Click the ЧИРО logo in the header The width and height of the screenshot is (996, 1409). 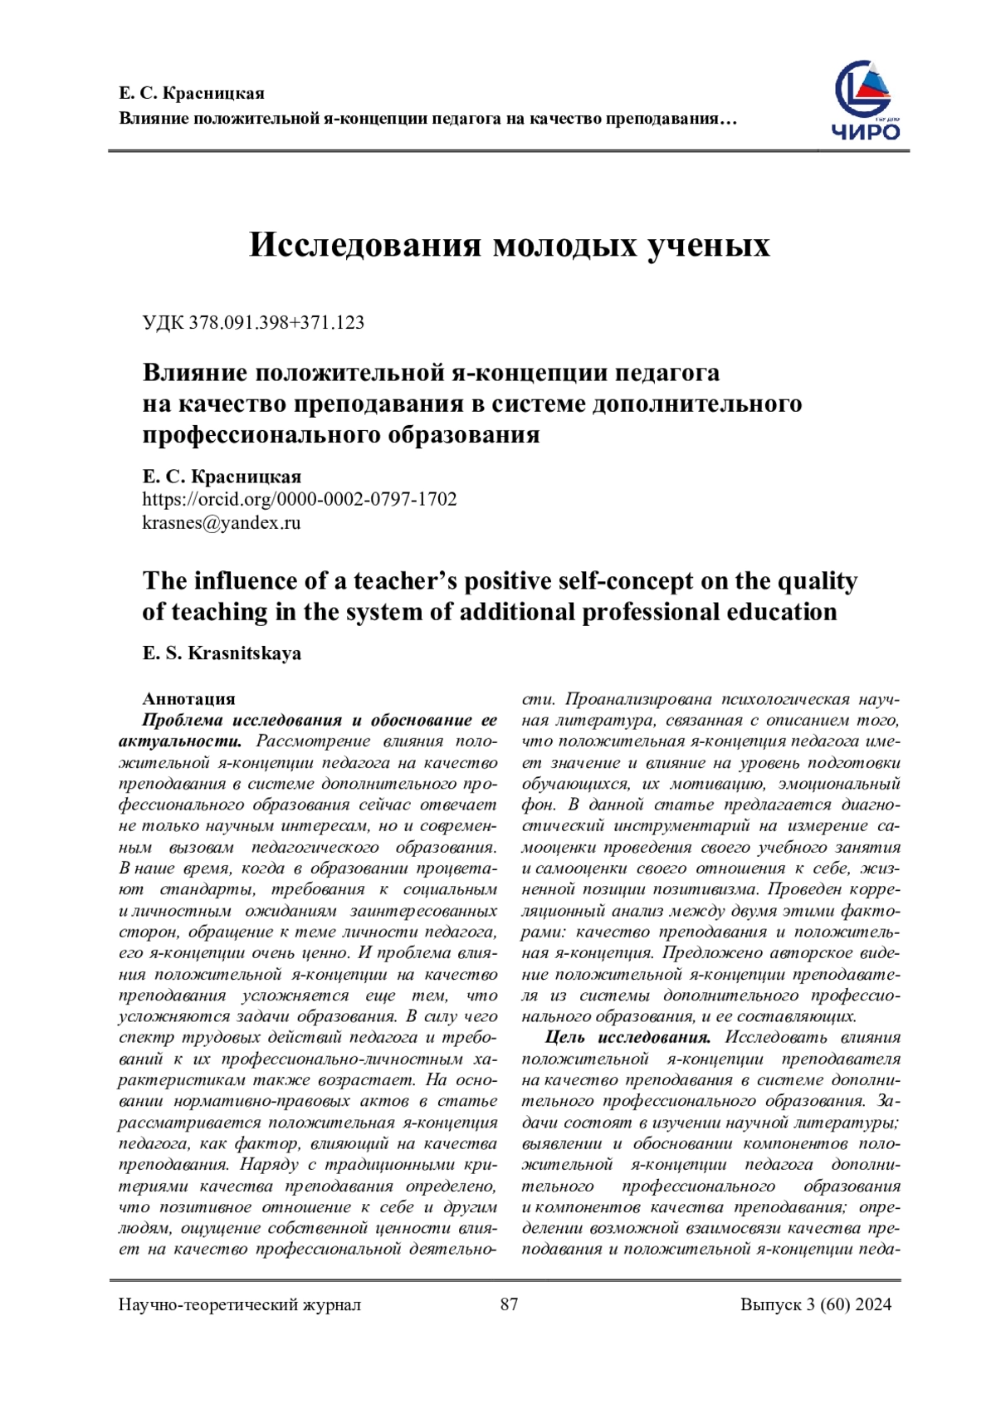pos(866,101)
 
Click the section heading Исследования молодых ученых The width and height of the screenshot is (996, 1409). pos(510,245)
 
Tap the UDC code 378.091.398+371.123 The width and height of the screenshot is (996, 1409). pos(253,323)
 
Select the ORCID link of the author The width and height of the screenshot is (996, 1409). pos(300,499)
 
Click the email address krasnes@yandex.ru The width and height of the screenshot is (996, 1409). pos(222,523)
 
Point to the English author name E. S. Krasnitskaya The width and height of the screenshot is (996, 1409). pos(222,653)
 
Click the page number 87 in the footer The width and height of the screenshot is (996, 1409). pos(510,1304)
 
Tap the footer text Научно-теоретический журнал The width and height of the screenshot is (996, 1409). pos(240,1304)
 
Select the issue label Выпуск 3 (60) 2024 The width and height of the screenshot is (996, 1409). pos(816,1304)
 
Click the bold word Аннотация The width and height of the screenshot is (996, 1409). pos(189,698)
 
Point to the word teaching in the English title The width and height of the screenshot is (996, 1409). pos(221,612)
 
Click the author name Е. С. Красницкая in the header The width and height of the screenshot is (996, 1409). pos(192,93)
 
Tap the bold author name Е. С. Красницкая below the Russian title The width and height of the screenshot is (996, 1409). pos(222,477)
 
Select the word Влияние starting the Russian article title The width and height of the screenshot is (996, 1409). pos(195,372)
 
